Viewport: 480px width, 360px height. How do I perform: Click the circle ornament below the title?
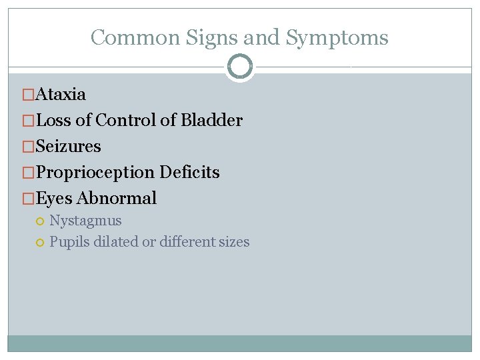pyautogui.click(x=239, y=67)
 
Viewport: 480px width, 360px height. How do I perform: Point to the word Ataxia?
pyautogui.click(x=61, y=94)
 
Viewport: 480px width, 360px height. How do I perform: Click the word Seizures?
pyautogui.click(x=69, y=146)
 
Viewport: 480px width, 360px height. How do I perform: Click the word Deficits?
pyautogui.click(x=189, y=172)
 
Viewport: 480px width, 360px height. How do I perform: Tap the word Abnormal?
pyautogui.click(x=117, y=198)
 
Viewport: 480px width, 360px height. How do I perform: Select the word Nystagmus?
pyautogui.click(x=85, y=221)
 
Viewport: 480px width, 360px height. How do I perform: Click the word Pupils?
pyautogui.click(x=69, y=242)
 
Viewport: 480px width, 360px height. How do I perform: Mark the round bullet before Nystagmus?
pyautogui.click(x=40, y=221)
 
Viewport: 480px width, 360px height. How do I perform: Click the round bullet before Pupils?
pyautogui.click(x=40, y=242)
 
